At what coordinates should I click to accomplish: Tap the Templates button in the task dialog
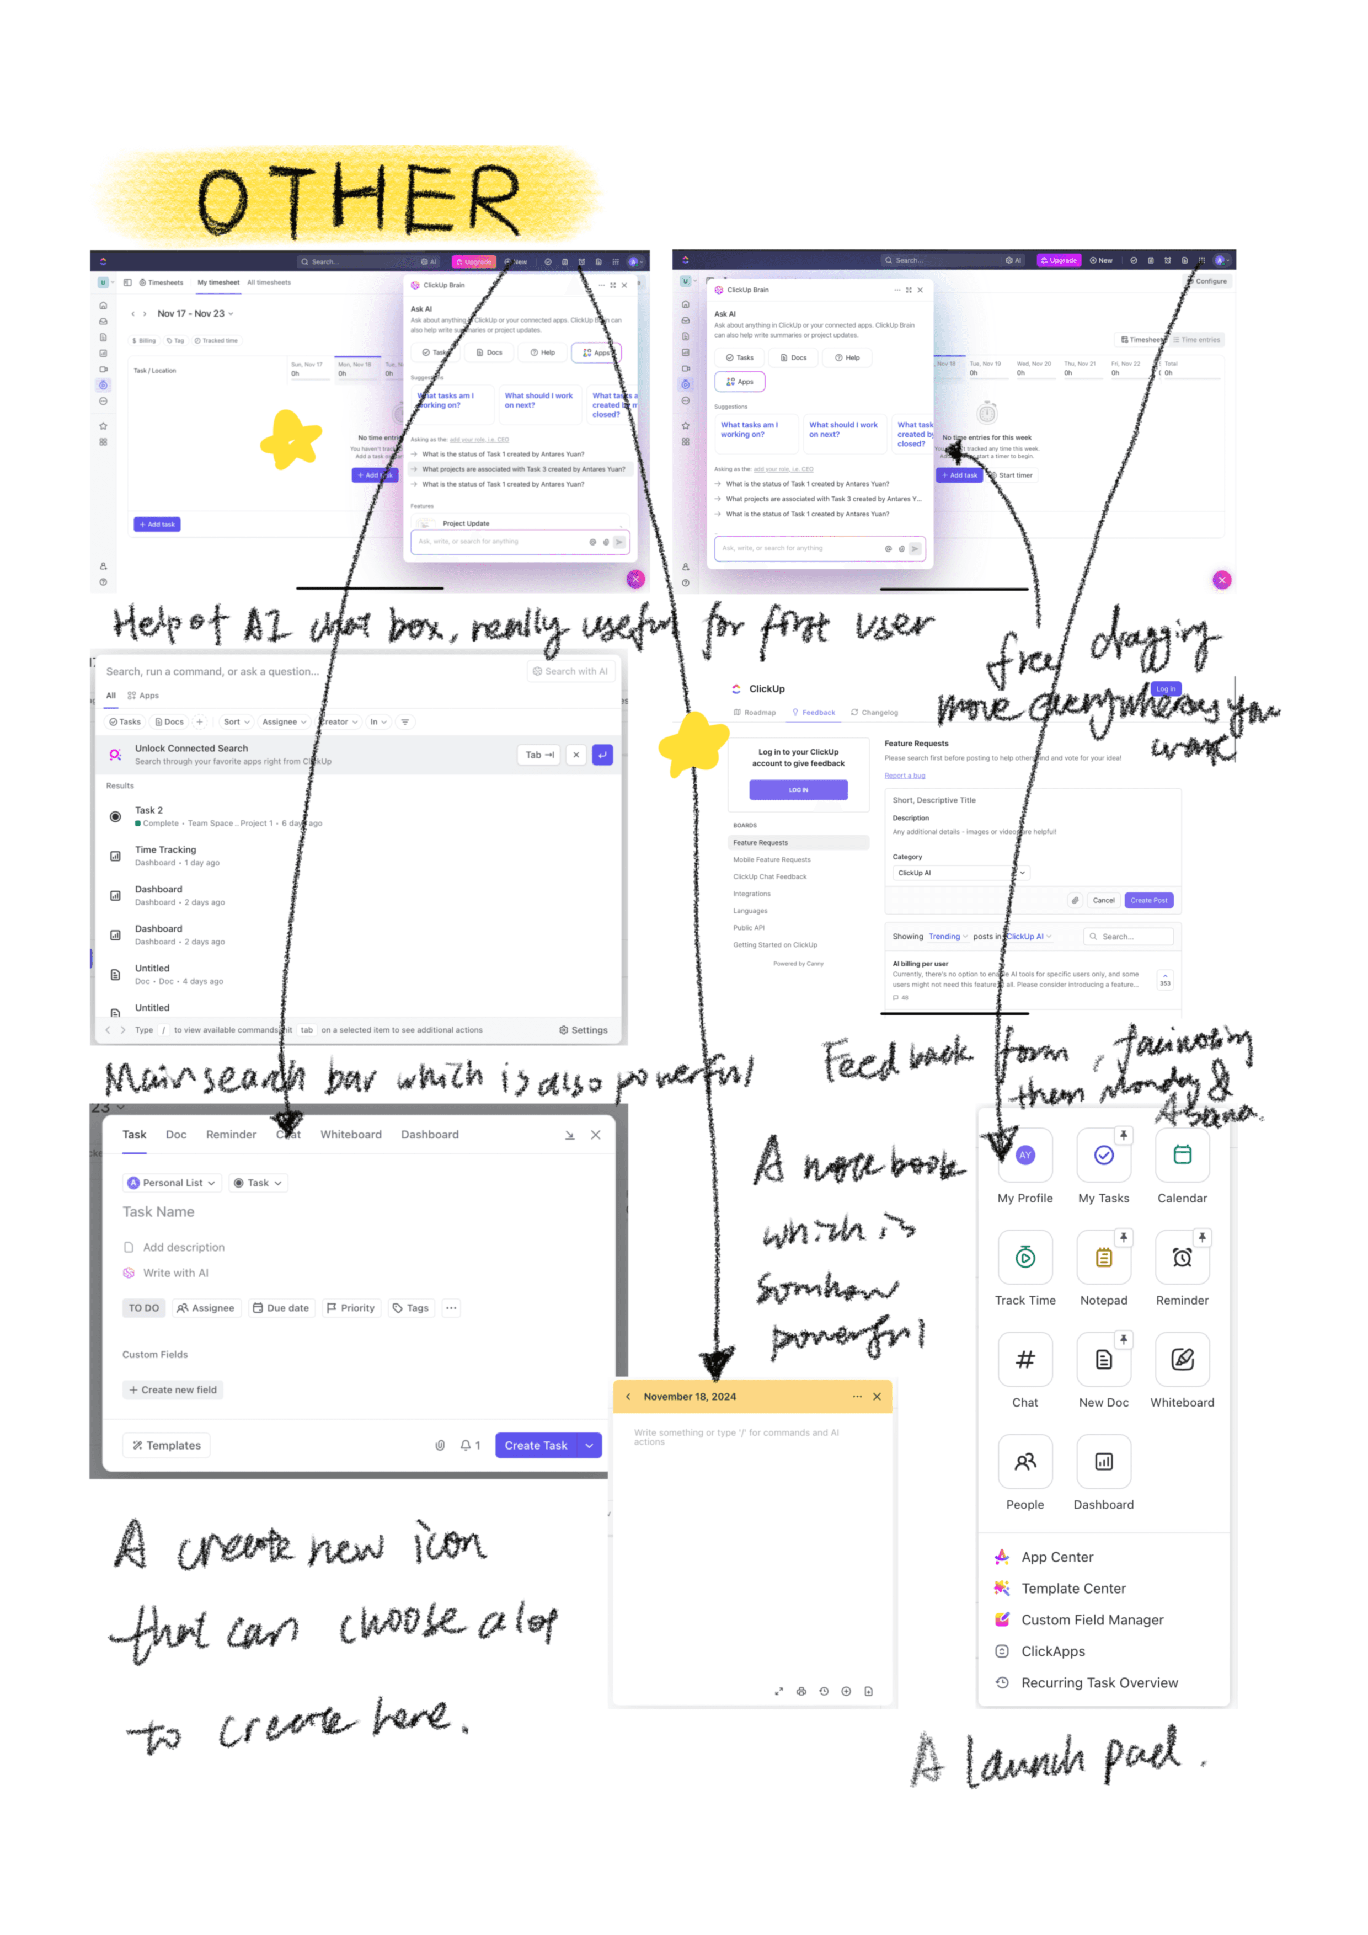167,1445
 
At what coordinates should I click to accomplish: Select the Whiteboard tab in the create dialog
351,1135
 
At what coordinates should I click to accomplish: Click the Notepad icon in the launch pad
1103,1258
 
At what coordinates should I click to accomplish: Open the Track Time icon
1025,1258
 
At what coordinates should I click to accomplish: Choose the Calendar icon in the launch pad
1182,1156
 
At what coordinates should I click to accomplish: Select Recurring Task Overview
1099,1683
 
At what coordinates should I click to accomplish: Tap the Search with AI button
570,672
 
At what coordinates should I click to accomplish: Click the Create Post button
1148,900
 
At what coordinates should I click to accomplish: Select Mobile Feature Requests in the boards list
771,859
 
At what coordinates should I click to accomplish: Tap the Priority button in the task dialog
351,1308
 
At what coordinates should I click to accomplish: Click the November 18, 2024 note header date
690,1397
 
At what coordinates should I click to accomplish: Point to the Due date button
281,1308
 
